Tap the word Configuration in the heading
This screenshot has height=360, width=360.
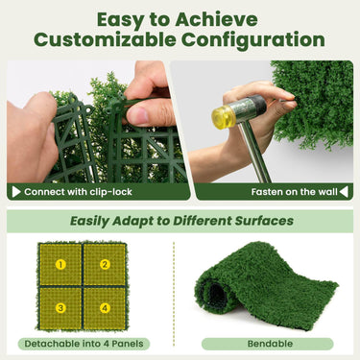pyautogui.click(x=252, y=40)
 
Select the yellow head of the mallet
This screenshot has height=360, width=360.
pyautogui.click(x=225, y=117)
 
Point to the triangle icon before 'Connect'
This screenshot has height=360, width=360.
pyautogui.click(x=16, y=191)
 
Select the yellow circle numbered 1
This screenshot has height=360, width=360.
pyautogui.click(x=60, y=264)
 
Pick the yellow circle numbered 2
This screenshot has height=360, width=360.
pyautogui.click(x=105, y=264)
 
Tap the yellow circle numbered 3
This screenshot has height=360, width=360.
pyautogui.click(x=60, y=308)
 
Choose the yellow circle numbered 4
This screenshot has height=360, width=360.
pyautogui.click(x=105, y=308)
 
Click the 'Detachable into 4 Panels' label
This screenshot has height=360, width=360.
pyautogui.click(x=84, y=344)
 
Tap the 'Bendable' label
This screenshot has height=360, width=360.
pyautogui.click(x=268, y=344)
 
